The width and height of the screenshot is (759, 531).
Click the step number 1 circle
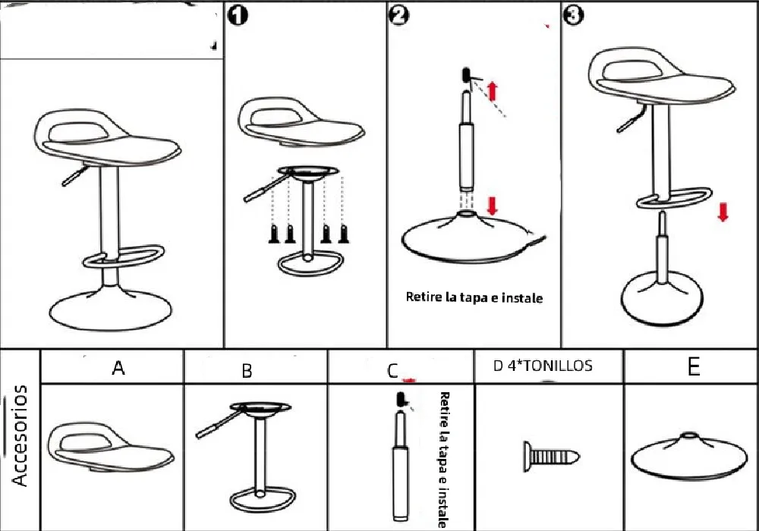[x=238, y=15]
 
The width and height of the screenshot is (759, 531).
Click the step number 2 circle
[x=399, y=15]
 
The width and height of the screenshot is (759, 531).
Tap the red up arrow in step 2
[x=492, y=91]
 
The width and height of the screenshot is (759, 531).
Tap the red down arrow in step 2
[x=492, y=204]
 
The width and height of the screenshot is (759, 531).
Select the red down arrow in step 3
[x=723, y=212]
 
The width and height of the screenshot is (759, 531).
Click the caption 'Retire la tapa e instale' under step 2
[x=474, y=298]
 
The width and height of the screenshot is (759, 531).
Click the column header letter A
[x=118, y=368]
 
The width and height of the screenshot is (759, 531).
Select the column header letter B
[x=247, y=371]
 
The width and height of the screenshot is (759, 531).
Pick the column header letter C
[x=392, y=370]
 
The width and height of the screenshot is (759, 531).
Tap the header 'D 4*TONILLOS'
[x=543, y=366]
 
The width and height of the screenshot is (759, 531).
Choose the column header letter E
[x=693, y=367]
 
